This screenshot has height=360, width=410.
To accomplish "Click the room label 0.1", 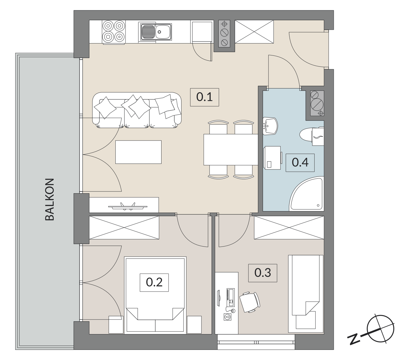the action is tap(204, 97).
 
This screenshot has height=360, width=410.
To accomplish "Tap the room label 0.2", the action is tap(154, 282).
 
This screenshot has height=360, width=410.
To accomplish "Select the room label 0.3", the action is tap(263, 273).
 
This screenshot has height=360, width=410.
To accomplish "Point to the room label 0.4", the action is tap(300, 163).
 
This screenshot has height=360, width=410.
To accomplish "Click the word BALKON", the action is tap(50, 200).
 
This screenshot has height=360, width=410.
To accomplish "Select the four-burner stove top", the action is tap(114, 32).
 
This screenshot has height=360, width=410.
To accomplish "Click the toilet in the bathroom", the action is tap(312, 136).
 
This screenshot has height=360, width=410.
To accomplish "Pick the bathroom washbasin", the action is tap(270, 126).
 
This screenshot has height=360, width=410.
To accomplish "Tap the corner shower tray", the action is tap(307, 194).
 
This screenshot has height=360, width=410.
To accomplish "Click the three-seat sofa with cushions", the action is tap(137, 110).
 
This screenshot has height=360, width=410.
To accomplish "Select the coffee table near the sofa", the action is tap(139, 152).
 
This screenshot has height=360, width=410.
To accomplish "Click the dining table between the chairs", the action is tap(231, 150).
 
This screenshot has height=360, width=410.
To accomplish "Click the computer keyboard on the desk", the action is tap(231, 297).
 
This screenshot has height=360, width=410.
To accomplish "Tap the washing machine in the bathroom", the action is tap(273, 158).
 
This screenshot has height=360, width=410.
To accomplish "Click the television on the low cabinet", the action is tap(128, 206).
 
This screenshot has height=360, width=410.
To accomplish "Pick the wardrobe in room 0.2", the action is tap(124, 227).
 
